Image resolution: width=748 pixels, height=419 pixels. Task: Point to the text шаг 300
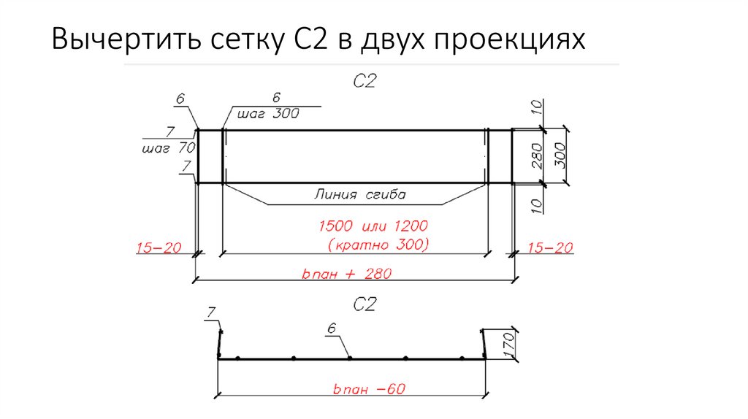coord(264,114)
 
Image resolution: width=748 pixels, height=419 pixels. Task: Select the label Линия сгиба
coord(359,195)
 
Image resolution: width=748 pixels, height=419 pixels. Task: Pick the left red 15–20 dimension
coord(159,249)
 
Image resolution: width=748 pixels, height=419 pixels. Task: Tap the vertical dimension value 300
coord(561,156)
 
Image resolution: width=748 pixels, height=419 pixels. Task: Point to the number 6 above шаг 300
coord(276,98)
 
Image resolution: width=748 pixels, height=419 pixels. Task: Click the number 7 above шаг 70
coord(169,131)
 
